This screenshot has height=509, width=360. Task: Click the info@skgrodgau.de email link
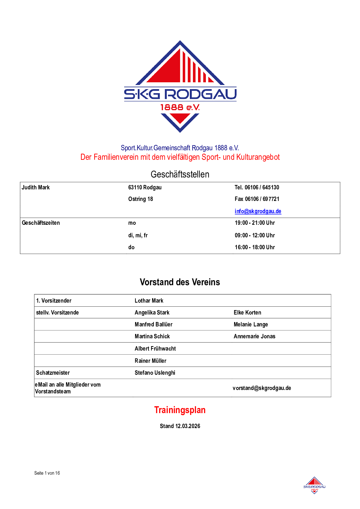click(x=258, y=211)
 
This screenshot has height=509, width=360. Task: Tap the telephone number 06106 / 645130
click(x=262, y=187)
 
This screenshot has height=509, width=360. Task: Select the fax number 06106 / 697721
click(x=262, y=199)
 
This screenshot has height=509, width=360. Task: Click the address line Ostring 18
click(x=141, y=199)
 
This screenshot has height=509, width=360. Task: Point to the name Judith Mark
click(x=36, y=187)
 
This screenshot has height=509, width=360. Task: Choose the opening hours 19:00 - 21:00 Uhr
click(x=255, y=223)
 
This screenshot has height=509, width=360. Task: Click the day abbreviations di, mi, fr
click(x=138, y=235)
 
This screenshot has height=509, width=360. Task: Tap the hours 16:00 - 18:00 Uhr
click(x=255, y=247)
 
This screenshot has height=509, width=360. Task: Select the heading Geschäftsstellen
click(x=180, y=174)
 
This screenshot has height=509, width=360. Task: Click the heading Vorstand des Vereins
click(x=180, y=282)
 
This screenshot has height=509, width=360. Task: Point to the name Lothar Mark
click(x=149, y=301)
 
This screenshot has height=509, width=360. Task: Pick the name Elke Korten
click(x=247, y=312)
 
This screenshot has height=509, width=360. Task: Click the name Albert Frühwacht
click(x=155, y=349)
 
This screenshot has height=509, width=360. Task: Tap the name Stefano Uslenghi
click(x=155, y=373)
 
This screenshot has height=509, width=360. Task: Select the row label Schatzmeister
click(x=53, y=373)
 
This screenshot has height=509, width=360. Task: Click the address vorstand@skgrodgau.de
click(x=262, y=388)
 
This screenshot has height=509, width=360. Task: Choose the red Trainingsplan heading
click(x=180, y=410)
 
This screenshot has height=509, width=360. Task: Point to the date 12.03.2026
click(x=188, y=426)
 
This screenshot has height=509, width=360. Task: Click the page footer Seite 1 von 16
click(x=47, y=473)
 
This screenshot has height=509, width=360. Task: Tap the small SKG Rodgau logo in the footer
click(x=314, y=485)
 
